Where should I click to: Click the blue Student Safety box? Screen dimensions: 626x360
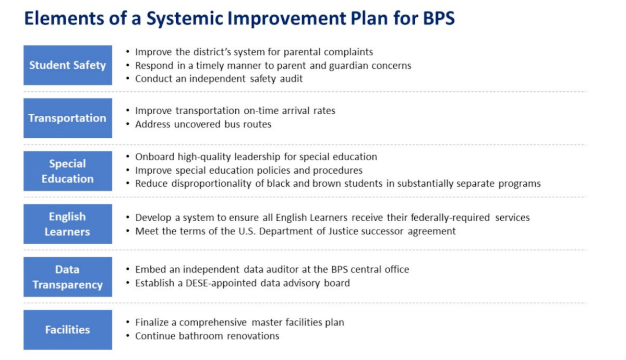(x=68, y=65)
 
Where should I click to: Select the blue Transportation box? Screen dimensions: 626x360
(x=68, y=118)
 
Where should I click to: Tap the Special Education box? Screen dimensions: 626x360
(x=68, y=171)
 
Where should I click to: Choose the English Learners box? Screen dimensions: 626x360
(x=68, y=224)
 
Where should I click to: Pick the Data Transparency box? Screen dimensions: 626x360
(x=68, y=277)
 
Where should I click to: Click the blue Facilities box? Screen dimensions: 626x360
(x=68, y=330)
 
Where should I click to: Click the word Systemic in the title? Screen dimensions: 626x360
(x=185, y=19)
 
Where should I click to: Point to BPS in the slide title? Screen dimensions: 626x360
(x=439, y=18)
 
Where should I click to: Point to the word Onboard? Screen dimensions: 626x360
(x=155, y=157)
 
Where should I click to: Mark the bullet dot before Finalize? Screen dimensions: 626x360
(x=128, y=322)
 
